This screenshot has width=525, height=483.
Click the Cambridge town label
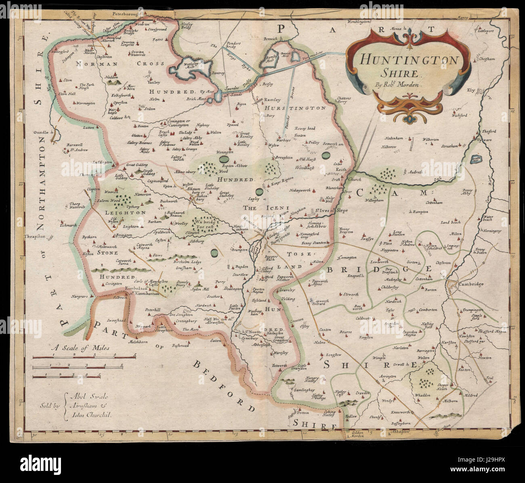click(x=470, y=284)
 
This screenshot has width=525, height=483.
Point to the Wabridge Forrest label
click(x=205, y=224)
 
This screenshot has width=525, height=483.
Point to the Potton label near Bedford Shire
click(x=302, y=413)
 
